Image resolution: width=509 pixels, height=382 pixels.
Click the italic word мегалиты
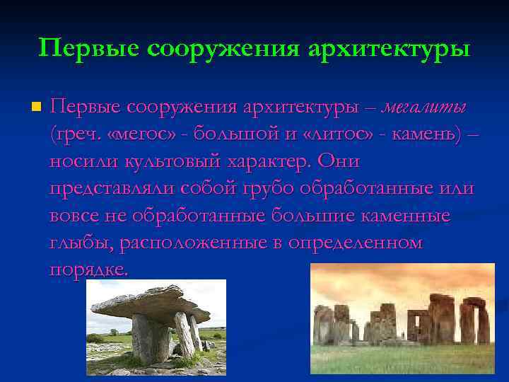point(423,108)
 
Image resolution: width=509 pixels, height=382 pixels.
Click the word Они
point(339,161)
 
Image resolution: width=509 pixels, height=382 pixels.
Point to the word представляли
point(112,189)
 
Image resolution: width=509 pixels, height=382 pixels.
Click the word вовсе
point(74,216)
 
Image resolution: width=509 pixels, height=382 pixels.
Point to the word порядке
point(89,270)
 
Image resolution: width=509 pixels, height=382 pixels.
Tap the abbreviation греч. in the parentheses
point(75,134)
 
